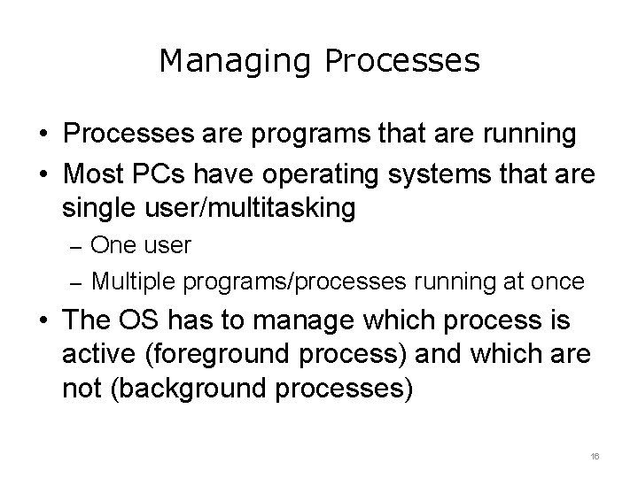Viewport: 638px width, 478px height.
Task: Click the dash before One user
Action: [x=76, y=246]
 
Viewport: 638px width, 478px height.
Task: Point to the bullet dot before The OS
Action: [x=43, y=321]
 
